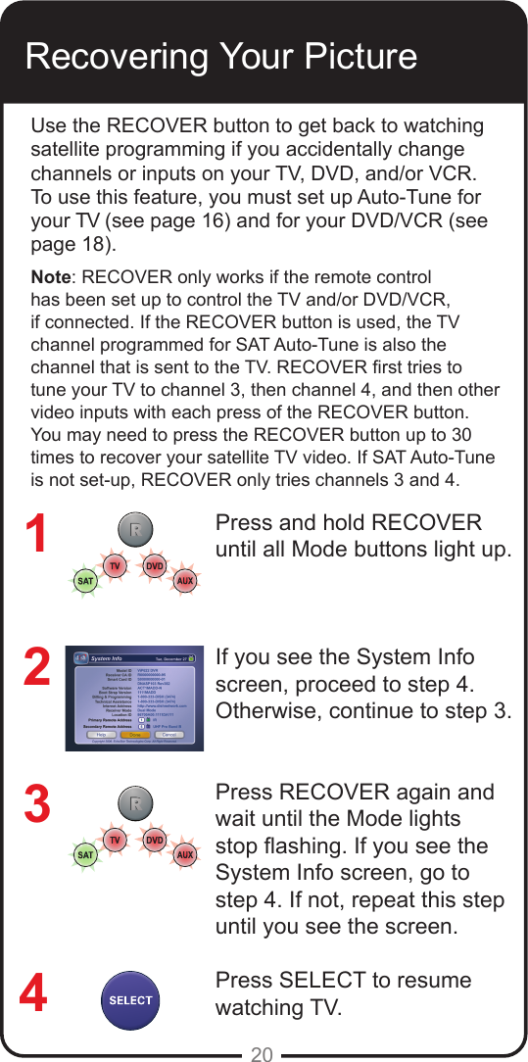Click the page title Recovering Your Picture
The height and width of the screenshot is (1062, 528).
pos(221,56)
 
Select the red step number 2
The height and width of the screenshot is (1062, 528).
pos(36,668)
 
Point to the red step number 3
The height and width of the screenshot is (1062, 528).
pos(36,803)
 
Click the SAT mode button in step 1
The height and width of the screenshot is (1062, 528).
pos(85,581)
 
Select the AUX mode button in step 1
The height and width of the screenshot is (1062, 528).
pos(184,581)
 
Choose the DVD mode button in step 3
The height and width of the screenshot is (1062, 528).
pos(154,841)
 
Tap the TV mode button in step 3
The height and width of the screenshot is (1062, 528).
pos(115,841)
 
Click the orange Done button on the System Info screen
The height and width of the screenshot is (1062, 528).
pos(134,734)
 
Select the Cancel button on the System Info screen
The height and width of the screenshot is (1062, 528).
pos(168,734)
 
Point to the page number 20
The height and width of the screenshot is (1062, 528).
pos(262,1054)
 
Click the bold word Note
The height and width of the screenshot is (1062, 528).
pos(50,276)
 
